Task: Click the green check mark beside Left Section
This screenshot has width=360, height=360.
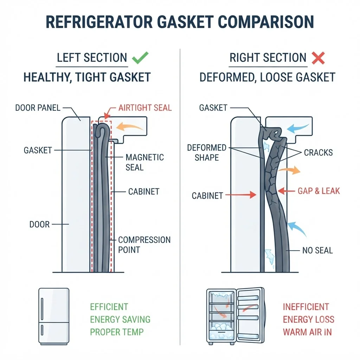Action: (140, 58)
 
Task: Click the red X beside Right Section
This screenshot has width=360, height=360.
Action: (318, 58)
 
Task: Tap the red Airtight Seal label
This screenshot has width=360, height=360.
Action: (145, 108)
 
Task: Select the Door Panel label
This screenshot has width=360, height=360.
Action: (38, 108)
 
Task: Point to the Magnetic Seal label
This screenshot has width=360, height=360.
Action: (144, 162)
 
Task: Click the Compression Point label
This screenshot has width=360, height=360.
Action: (144, 245)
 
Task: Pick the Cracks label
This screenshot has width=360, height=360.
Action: (318, 153)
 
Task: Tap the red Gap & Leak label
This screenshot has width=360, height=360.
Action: (319, 191)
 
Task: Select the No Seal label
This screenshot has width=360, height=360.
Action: (317, 250)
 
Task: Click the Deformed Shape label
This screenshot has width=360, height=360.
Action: (207, 153)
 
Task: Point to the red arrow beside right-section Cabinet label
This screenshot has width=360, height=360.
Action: (241, 195)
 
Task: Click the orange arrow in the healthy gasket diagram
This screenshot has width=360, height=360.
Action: (129, 127)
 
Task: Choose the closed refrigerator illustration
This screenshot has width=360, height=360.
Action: (54, 317)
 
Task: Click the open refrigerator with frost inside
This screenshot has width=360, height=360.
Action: (236, 316)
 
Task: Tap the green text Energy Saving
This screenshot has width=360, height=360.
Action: (120, 319)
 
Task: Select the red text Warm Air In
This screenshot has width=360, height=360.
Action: (307, 332)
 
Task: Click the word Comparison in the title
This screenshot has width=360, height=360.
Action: (266, 22)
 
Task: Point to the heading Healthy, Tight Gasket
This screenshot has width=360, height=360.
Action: (87, 77)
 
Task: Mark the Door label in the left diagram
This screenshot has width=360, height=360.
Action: (39, 224)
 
